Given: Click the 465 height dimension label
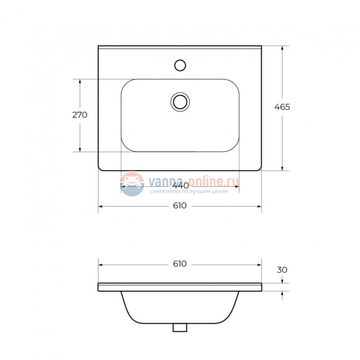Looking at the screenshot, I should point(282,107).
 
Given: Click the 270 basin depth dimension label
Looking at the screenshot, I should point(80,115).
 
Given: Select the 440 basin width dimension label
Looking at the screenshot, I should point(179,185).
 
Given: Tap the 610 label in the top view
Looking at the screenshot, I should point(179,206).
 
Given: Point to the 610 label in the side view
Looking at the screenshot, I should point(179,264).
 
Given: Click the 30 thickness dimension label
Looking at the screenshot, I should point(282,270).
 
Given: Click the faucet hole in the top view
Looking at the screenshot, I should point(179,65).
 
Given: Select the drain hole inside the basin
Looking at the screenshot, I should point(180,101).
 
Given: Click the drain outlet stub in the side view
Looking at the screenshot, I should point(179,327).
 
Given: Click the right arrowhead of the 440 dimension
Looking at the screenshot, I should point(236,187).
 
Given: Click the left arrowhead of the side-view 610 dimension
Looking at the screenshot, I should point(101,264).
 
